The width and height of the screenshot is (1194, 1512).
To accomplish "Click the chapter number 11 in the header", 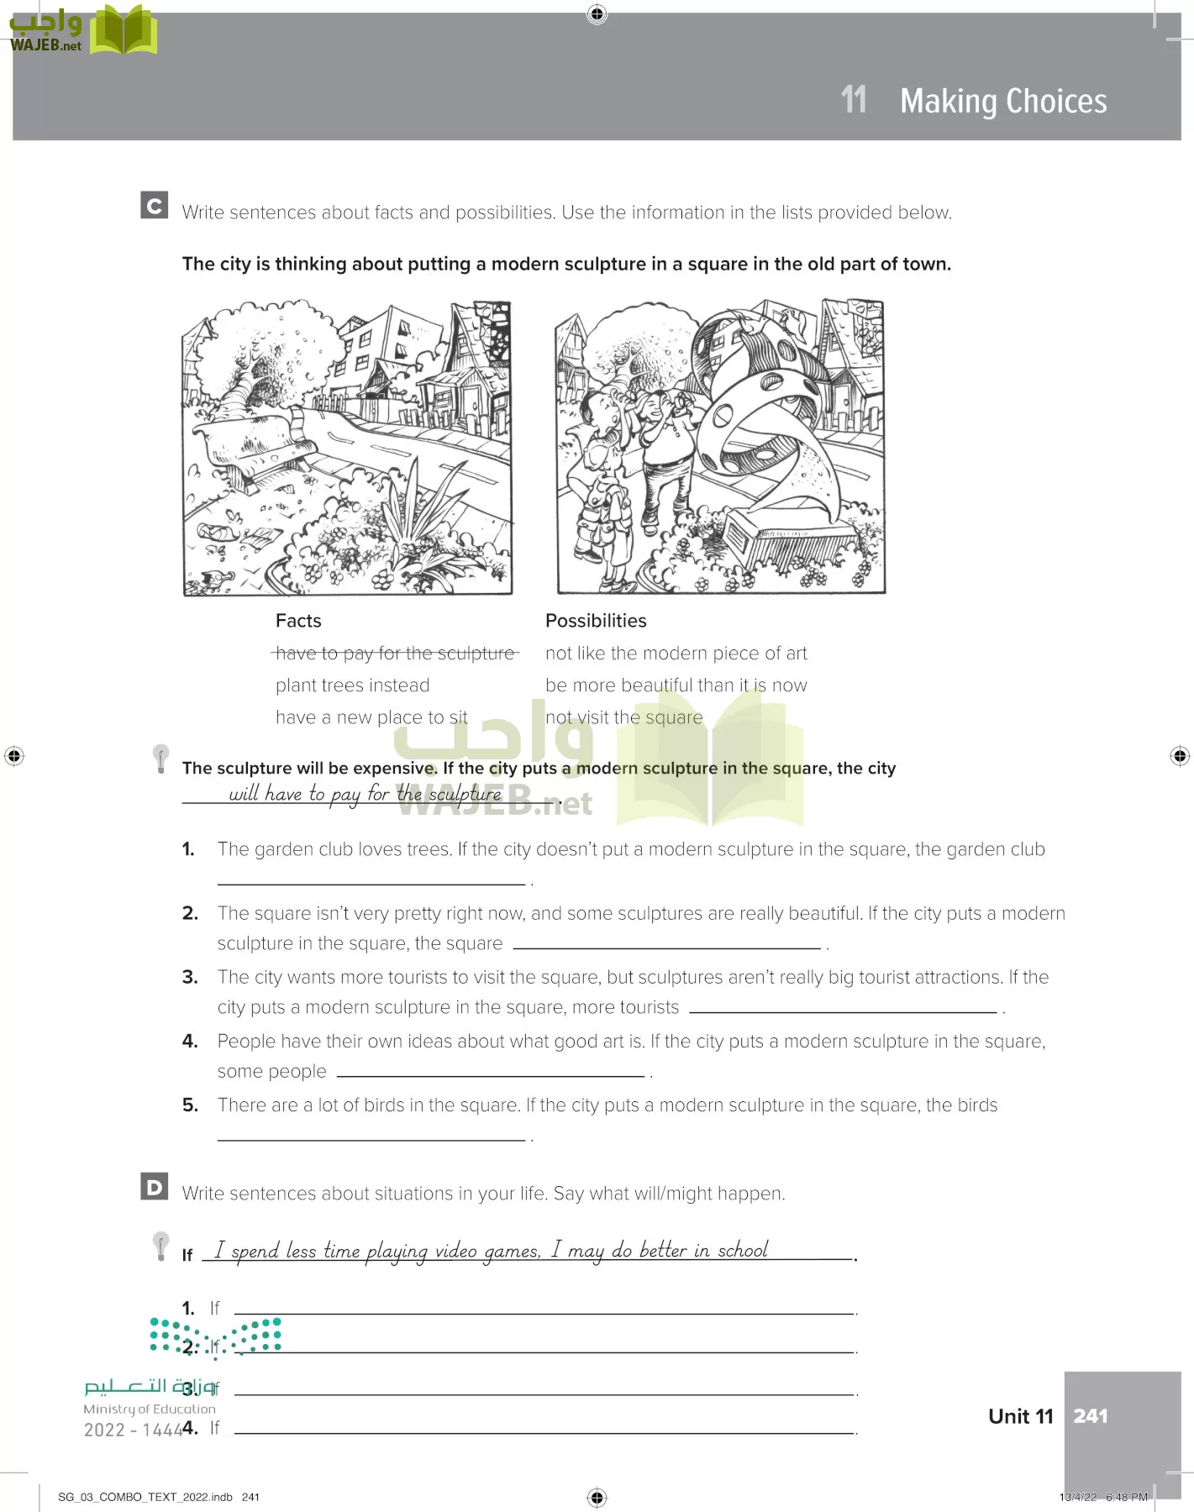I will tap(854, 100).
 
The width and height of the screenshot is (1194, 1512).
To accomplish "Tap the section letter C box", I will tap(155, 206).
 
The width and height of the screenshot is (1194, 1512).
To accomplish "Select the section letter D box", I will tap(155, 1186).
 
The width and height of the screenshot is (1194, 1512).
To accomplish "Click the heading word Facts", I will tap(298, 621).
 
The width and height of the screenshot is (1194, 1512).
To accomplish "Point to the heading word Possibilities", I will tap(596, 621).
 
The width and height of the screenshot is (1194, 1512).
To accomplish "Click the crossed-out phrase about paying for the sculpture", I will tap(395, 654).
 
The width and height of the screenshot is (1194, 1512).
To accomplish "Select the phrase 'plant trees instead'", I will tap(352, 685).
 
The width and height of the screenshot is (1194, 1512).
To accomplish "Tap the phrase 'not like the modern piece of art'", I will tap(676, 654).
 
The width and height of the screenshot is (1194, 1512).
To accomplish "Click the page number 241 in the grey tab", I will tap(1090, 1416).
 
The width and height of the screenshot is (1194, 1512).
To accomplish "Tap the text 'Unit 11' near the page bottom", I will tap(1020, 1416).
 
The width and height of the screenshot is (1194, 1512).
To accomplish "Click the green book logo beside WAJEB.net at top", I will tap(124, 30).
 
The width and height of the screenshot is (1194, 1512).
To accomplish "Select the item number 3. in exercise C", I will tap(191, 977).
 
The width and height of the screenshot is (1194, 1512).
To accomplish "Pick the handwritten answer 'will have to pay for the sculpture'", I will tap(365, 794).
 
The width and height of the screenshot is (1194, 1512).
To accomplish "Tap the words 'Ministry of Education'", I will tap(150, 1410).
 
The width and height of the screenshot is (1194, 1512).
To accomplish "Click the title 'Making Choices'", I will tap(1003, 101).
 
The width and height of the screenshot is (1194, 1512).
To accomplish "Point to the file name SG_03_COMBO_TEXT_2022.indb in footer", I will tap(145, 1497).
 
